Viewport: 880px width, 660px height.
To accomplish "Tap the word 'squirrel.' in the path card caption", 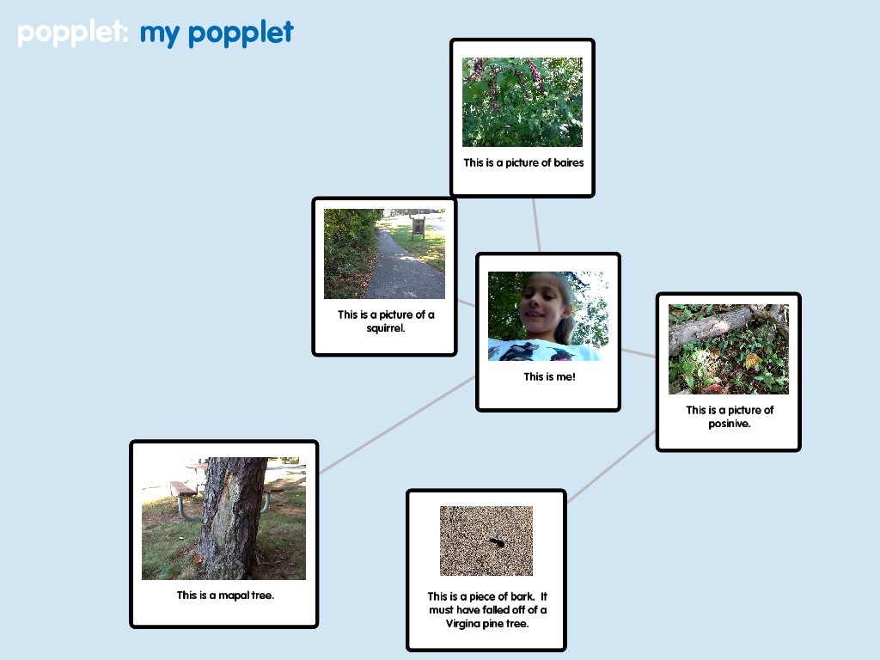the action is click(x=386, y=328).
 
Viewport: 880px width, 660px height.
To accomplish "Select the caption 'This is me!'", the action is click(x=549, y=376).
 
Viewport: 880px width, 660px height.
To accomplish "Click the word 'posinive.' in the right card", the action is click(x=729, y=424).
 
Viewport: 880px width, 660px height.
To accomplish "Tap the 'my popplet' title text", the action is click(x=217, y=34).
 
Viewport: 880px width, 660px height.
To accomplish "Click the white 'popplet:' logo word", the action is click(x=73, y=34).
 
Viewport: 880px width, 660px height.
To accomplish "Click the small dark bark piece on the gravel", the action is click(x=498, y=542).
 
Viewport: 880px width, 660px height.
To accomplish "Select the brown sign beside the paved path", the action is click(x=419, y=226).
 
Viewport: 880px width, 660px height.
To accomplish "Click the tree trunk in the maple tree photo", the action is click(x=232, y=518).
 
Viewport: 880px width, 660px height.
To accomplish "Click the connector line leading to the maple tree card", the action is click(x=397, y=425).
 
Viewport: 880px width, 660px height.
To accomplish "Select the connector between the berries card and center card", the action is click(x=536, y=225).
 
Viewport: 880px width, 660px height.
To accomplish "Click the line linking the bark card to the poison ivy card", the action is click(x=611, y=467).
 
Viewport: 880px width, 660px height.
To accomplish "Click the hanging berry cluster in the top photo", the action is click(x=536, y=76).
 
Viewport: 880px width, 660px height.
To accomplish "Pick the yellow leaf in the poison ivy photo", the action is click(x=753, y=360).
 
